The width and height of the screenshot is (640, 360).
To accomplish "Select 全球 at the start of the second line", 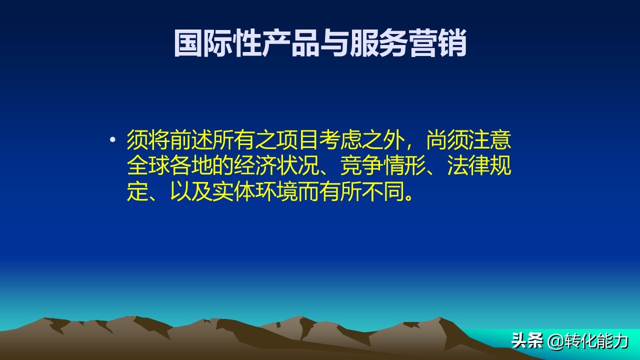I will [148, 167].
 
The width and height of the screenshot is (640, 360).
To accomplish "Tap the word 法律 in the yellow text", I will [468, 167].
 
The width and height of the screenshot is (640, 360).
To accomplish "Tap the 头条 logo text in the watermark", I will [527, 341].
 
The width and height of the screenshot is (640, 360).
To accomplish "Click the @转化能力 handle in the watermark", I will [588, 341].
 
